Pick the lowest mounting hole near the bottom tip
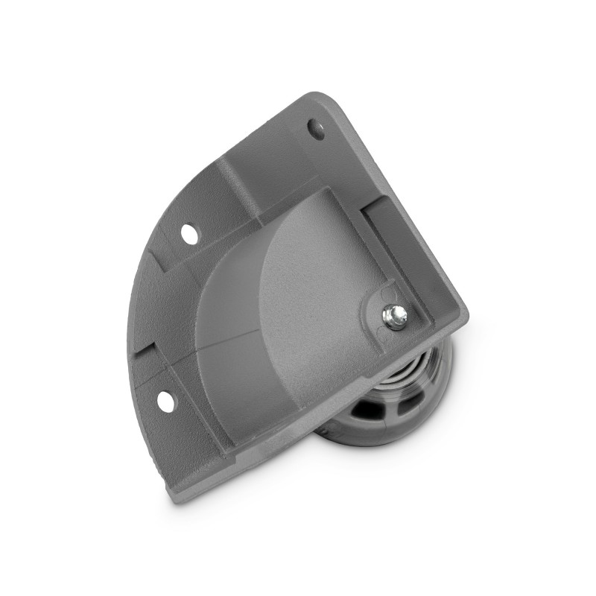pyautogui.click(x=163, y=401)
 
